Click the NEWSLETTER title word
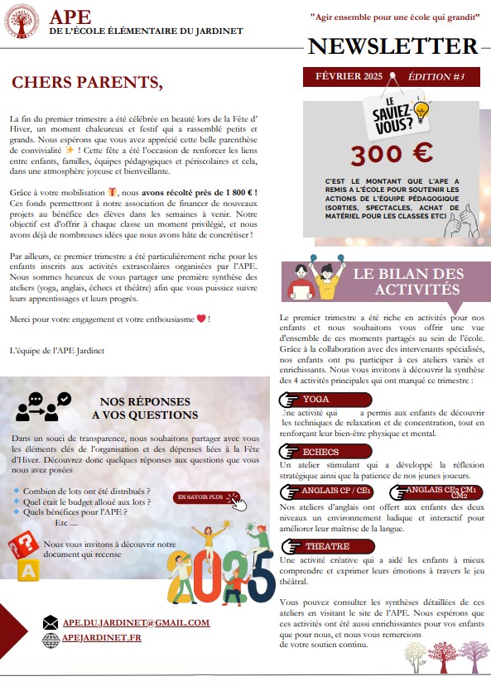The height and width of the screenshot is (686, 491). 393,46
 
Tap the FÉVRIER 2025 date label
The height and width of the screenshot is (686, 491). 349,77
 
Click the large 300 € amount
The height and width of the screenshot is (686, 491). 380,155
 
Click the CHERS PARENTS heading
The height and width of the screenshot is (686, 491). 87,83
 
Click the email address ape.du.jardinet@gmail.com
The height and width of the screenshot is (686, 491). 137,622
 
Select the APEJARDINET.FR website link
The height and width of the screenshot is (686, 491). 102,638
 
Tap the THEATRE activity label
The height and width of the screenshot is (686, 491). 327,547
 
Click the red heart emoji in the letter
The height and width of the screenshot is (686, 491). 200,319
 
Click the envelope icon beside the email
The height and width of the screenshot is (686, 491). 51,622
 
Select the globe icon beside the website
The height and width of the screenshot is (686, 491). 51,638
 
